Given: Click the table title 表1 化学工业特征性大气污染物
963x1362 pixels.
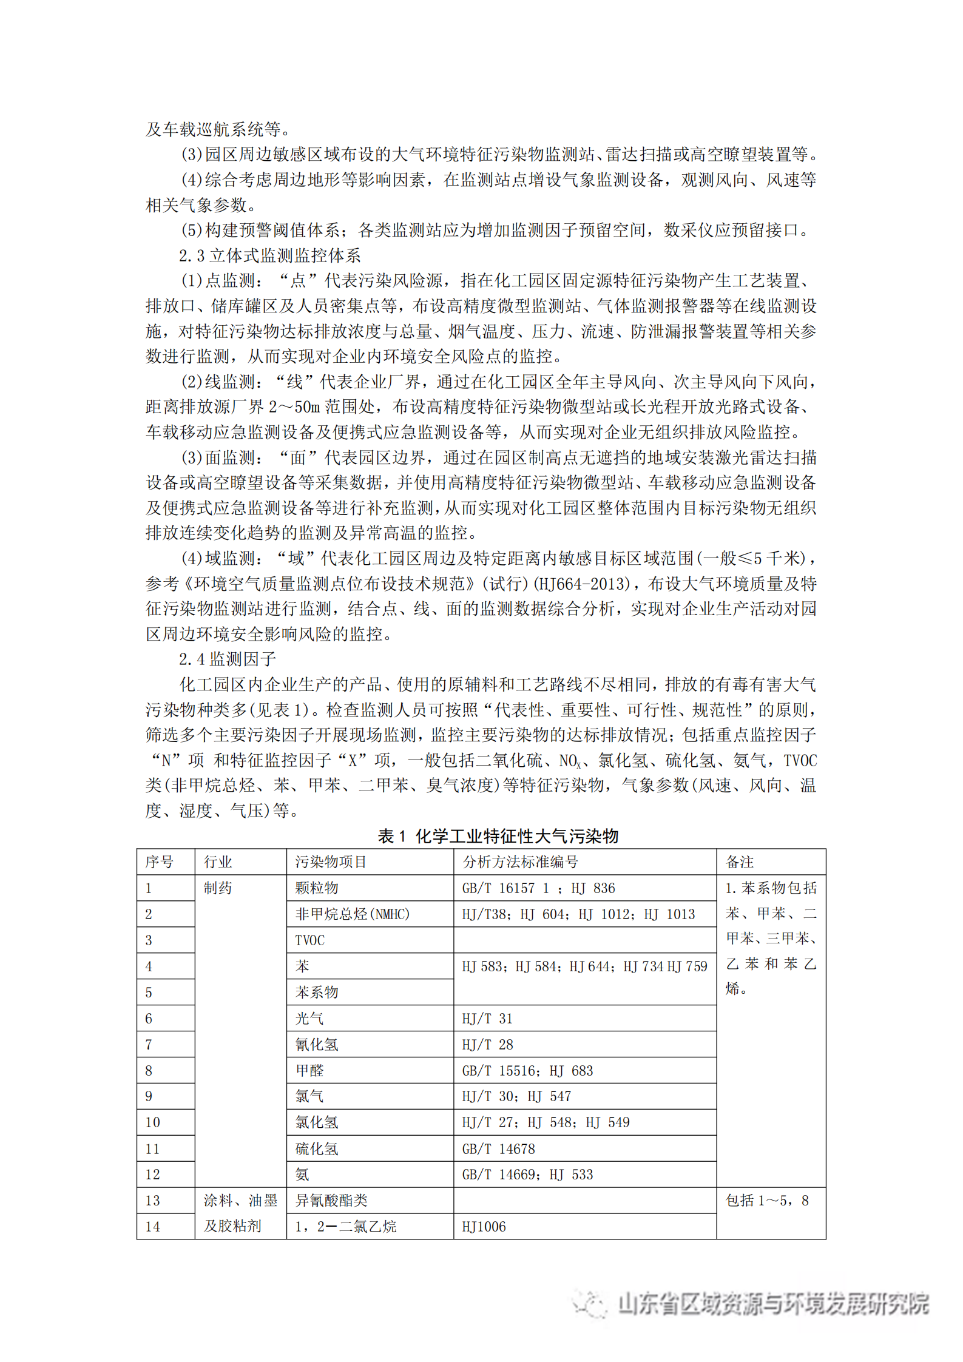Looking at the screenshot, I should [x=498, y=836].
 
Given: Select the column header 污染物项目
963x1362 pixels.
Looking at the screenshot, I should [x=331, y=861].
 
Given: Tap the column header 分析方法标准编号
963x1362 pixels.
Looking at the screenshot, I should [x=520, y=861].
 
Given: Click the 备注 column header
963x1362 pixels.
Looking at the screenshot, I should [x=740, y=861].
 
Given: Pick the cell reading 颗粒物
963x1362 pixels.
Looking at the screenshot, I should [x=317, y=888].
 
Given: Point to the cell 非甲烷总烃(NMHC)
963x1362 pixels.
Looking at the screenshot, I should [x=353, y=914].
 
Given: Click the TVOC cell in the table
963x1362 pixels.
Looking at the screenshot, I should [x=309, y=940].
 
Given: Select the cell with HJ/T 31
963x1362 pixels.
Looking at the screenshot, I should [x=487, y=1018].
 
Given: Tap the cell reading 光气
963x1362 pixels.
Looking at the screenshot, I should [x=309, y=1018].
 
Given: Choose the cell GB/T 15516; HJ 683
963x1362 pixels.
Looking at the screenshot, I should [x=527, y=1070].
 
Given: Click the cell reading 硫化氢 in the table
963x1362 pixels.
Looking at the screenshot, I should [x=317, y=1148].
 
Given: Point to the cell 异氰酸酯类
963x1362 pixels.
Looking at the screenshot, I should [x=331, y=1200].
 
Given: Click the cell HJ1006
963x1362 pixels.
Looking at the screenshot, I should [x=484, y=1226].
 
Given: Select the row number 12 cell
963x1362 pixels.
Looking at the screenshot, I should [x=152, y=1174].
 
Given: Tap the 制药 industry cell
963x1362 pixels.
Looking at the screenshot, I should [x=218, y=888].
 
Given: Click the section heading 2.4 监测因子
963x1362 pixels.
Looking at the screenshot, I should [x=228, y=659].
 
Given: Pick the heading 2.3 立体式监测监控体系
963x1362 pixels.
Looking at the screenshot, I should [x=269, y=255].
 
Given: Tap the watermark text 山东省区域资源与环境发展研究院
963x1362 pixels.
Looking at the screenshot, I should [x=773, y=1303].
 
